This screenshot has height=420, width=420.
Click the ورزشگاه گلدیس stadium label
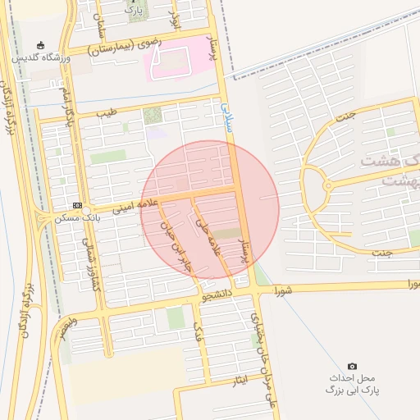point(41,59)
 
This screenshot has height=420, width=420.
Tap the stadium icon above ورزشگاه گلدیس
point(41,45)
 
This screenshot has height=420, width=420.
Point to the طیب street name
point(106,112)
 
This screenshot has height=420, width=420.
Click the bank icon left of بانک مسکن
point(77,205)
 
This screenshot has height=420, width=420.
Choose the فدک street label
point(197,332)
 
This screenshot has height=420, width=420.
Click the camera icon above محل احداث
point(353,365)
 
